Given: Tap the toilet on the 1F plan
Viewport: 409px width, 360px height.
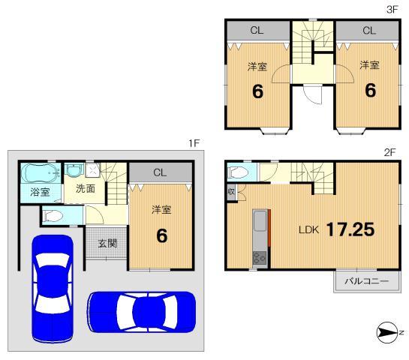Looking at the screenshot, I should tap(54, 217).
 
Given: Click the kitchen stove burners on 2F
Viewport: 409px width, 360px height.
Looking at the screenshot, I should tap(260, 259).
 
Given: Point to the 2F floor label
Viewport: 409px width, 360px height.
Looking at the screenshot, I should tap(389, 151).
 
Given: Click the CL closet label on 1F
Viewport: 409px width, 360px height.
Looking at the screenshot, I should tap(159, 172).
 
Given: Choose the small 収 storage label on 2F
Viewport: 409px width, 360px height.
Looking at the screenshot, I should tap(231, 192).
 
